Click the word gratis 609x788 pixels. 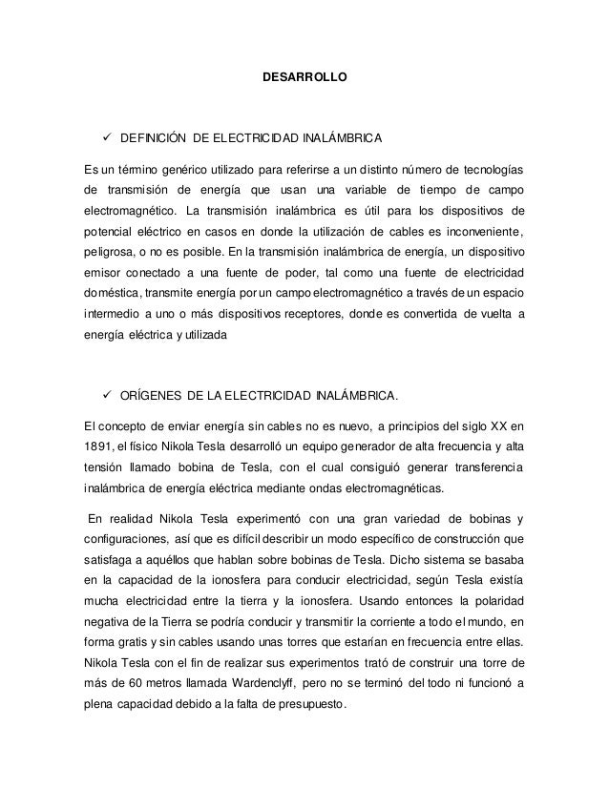[128, 643]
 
